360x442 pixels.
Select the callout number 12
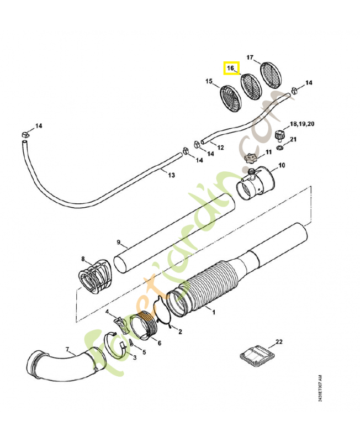pyautogui.click(x=220, y=148)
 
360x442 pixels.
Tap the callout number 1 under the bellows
pyautogui.click(x=214, y=312)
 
